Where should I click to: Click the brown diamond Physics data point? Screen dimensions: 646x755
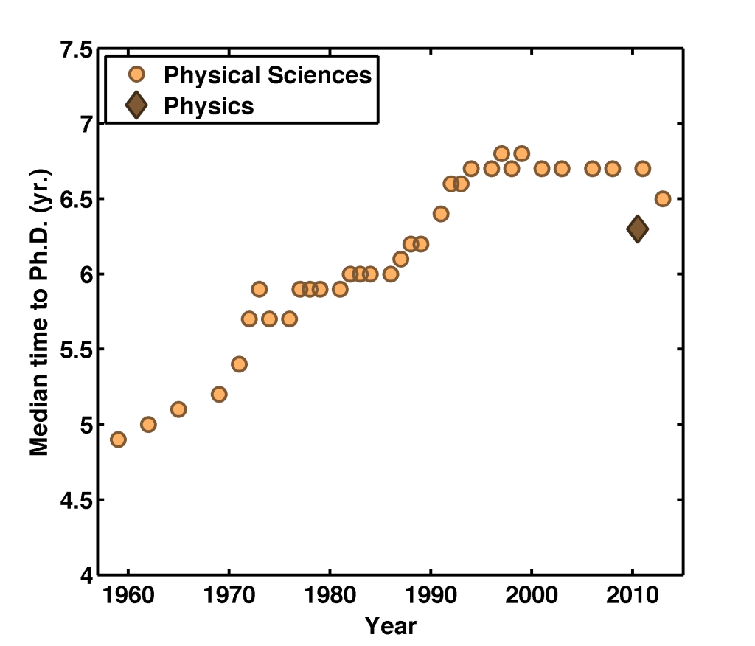637,229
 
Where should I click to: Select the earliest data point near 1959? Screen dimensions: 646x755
118,440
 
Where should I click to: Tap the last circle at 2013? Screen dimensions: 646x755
663,199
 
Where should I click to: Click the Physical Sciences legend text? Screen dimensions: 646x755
267,75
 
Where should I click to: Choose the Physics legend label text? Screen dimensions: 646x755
209,106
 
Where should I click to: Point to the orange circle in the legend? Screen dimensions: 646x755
137,74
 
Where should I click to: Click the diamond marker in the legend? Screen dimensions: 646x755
137,105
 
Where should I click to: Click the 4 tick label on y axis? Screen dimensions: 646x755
86,575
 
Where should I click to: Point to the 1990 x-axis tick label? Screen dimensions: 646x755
431,596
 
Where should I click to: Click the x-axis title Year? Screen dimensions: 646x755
391,627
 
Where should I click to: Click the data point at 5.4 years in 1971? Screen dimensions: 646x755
239,364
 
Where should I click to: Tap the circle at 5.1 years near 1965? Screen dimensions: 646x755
178,409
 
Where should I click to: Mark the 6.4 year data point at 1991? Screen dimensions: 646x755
441,214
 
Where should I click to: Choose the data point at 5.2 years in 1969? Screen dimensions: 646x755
219,395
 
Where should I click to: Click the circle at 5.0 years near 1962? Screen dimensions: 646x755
148,424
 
